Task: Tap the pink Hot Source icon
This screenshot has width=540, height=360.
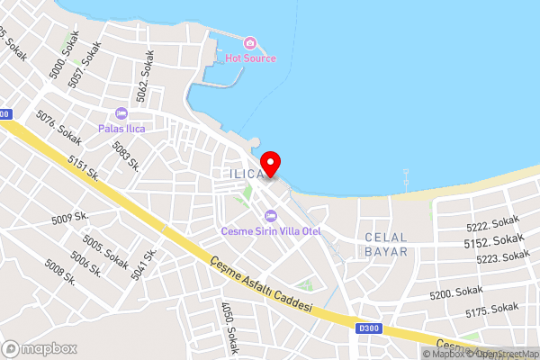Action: [250, 42]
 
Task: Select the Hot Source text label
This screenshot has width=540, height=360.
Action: [250, 58]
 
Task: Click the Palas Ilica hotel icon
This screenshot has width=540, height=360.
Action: [121, 113]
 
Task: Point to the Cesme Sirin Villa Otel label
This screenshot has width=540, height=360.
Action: [271, 231]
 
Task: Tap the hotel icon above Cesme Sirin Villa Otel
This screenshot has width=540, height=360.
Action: [270, 216]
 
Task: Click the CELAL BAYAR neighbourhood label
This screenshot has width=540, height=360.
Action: [386, 244]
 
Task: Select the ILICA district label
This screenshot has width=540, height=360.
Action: [245, 172]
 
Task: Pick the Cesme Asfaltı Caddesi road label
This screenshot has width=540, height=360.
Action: [260, 284]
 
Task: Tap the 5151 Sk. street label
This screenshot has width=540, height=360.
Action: [83, 168]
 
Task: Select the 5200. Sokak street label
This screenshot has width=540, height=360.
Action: [456, 293]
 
